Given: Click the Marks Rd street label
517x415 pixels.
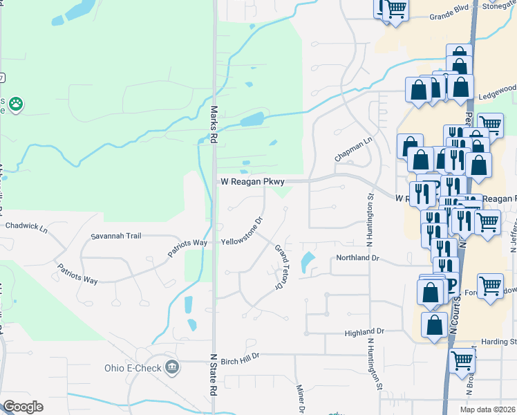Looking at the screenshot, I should (x=214, y=118).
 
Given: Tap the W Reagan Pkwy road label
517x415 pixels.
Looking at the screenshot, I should (x=252, y=181).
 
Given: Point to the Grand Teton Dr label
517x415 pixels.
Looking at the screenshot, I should (x=281, y=266).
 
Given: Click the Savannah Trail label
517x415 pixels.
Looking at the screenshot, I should (x=116, y=236).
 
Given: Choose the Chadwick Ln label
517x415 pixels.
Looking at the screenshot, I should (x=26, y=226).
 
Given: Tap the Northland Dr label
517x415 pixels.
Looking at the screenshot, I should (x=358, y=258).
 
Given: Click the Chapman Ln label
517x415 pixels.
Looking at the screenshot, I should (x=353, y=149).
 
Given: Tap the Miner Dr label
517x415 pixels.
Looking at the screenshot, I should (x=301, y=399).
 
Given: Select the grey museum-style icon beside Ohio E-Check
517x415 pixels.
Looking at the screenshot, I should (x=172, y=367).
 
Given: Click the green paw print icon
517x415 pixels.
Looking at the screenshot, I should (x=15, y=104).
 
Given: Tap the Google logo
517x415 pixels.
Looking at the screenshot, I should (x=22, y=407).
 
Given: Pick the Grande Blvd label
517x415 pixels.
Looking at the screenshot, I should (x=449, y=15).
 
